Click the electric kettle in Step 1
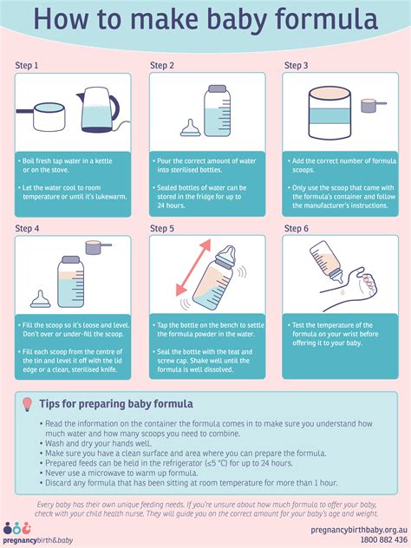click(x=99, y=110)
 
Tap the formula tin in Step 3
click(x=329, y=113)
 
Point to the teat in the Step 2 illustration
click(x=190, y=128)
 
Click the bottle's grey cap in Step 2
click(x=217, y=88)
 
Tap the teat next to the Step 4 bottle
click(x=41, y=299)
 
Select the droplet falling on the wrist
click(x=342, y=291)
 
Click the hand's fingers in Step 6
click(x=369, y=283)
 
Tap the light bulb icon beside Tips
click(x=27, y=404)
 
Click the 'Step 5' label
click(x=162, y=229)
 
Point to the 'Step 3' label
click(x=296, y=65)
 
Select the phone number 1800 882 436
click(x=384, y=539)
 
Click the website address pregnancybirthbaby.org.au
click(x=359, y=530)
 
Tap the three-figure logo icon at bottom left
click(x=17, y=529)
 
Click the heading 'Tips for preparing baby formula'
click(x=116, y=404)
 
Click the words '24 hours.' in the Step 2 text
click(x=171, y=205)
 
